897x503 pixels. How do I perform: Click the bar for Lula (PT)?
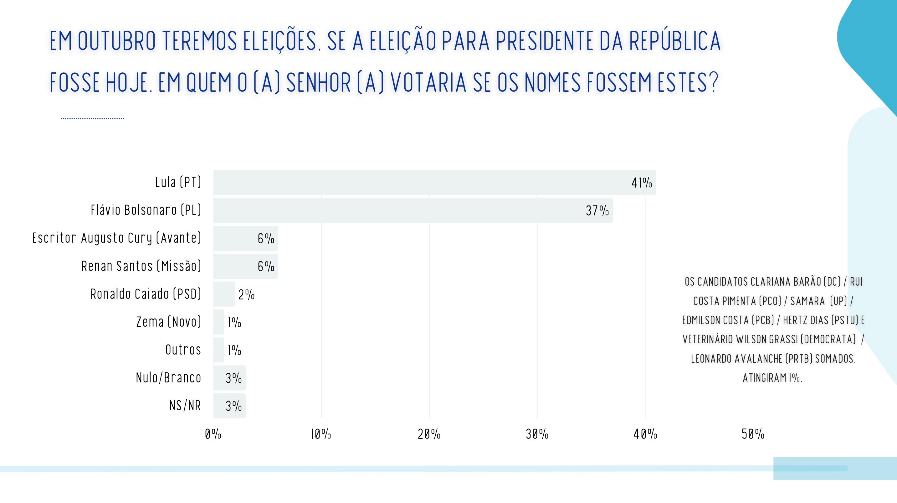(434, 182)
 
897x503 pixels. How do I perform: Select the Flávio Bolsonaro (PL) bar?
(413, 210)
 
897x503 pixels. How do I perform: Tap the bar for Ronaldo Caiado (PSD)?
(224, 294)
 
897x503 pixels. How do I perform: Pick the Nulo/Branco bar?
(229, 378)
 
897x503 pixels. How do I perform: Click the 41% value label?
(641, 183)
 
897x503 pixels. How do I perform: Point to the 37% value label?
(597, 210)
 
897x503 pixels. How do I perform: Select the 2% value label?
(247, 294)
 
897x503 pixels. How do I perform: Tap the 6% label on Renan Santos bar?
(266, 267)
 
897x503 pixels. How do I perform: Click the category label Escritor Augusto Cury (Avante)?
(117, 238)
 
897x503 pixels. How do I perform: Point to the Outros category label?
(183, 350)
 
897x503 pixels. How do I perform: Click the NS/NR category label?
(185, 405)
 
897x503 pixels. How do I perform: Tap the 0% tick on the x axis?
(213, 434)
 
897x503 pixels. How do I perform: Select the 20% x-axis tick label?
(429, 434)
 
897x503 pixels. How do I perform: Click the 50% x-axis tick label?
(753, 434)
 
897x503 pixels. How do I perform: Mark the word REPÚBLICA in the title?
(675, 40)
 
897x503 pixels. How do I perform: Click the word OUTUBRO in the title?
(117, 41)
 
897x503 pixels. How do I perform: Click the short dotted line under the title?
(93, 118)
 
